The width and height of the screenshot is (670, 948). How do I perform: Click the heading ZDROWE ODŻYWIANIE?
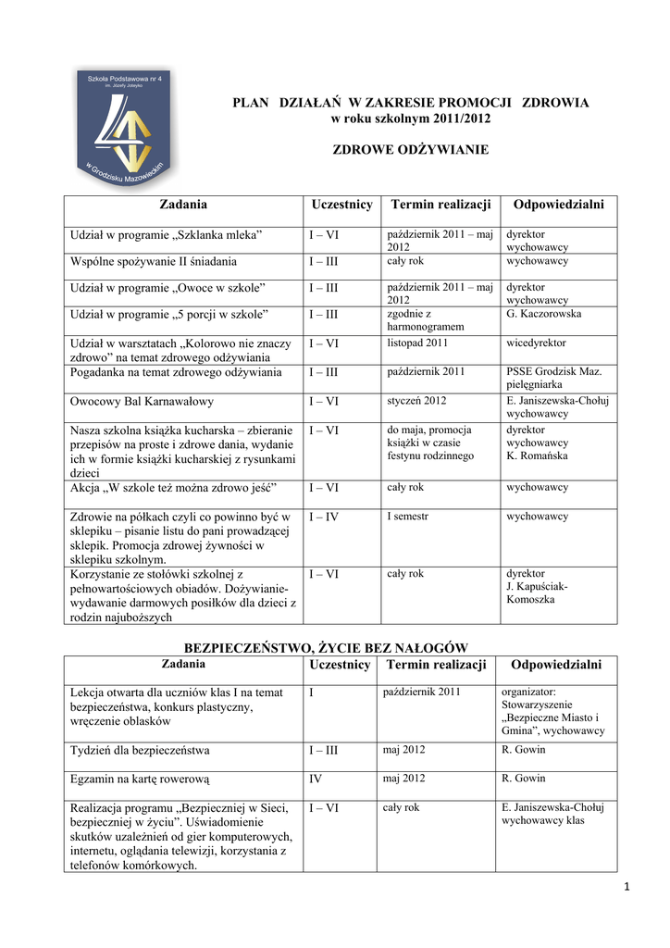point(410,149)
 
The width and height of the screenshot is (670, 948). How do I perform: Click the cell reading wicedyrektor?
point(536,343)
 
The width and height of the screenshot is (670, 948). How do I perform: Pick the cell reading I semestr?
point(408,517)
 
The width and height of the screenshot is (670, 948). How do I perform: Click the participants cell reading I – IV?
point(324,517)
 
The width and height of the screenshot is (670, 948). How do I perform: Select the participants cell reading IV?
point(316,779)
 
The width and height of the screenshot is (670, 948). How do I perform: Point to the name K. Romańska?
point(538,455)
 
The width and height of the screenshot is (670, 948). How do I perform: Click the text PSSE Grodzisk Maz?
point(553,371)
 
